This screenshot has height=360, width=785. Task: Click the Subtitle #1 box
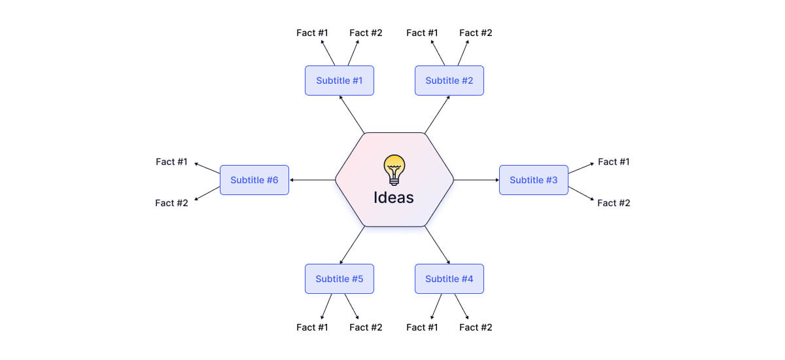pyautogui.click(x=339, y=81)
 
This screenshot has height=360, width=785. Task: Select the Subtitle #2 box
pyautogui.click(x=449, y=81)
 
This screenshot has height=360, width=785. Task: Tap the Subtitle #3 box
pyautogui.click(x=533, y=180)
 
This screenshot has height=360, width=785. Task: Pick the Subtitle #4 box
pyautogui.click(x=449, y=279)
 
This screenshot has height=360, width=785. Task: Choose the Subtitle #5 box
pyautogui.click(x=339, y=279)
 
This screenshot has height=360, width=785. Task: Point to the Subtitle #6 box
pyautogui.click(x=254, y=180)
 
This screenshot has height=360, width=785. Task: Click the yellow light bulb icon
pyautogui.click(x=394, y=169)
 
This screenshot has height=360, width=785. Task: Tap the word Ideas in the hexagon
pyautogui.click(x=394, y=197)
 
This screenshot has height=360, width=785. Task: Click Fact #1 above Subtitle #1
pyautogui.click(x=312, y=33)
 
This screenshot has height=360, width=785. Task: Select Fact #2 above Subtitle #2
pyautogui.click(x=476, y=33)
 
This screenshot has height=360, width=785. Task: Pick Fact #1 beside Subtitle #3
pyautogui.click(x=614, y=162)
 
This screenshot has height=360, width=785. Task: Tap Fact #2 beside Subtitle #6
pyautogui.click(x=171, y=203)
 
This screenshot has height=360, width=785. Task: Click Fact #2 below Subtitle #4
pyautogui.click(x=476, y=327)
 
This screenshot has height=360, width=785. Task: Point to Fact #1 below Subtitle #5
pyautogui.click(x=312, y=327)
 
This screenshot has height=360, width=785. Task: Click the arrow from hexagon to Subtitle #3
pyautogui.click(x=476, y=180)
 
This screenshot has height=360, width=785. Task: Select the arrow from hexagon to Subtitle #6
pyautogui.click(x=312, y=180)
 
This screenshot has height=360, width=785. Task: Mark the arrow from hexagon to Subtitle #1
pyautogui.click(x=351, y=114)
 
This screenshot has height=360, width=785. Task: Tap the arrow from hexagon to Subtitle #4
pyautogui.click(x=437, y=245)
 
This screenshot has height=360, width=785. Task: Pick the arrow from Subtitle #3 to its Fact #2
pyautogui.click(x=581, y=194)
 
